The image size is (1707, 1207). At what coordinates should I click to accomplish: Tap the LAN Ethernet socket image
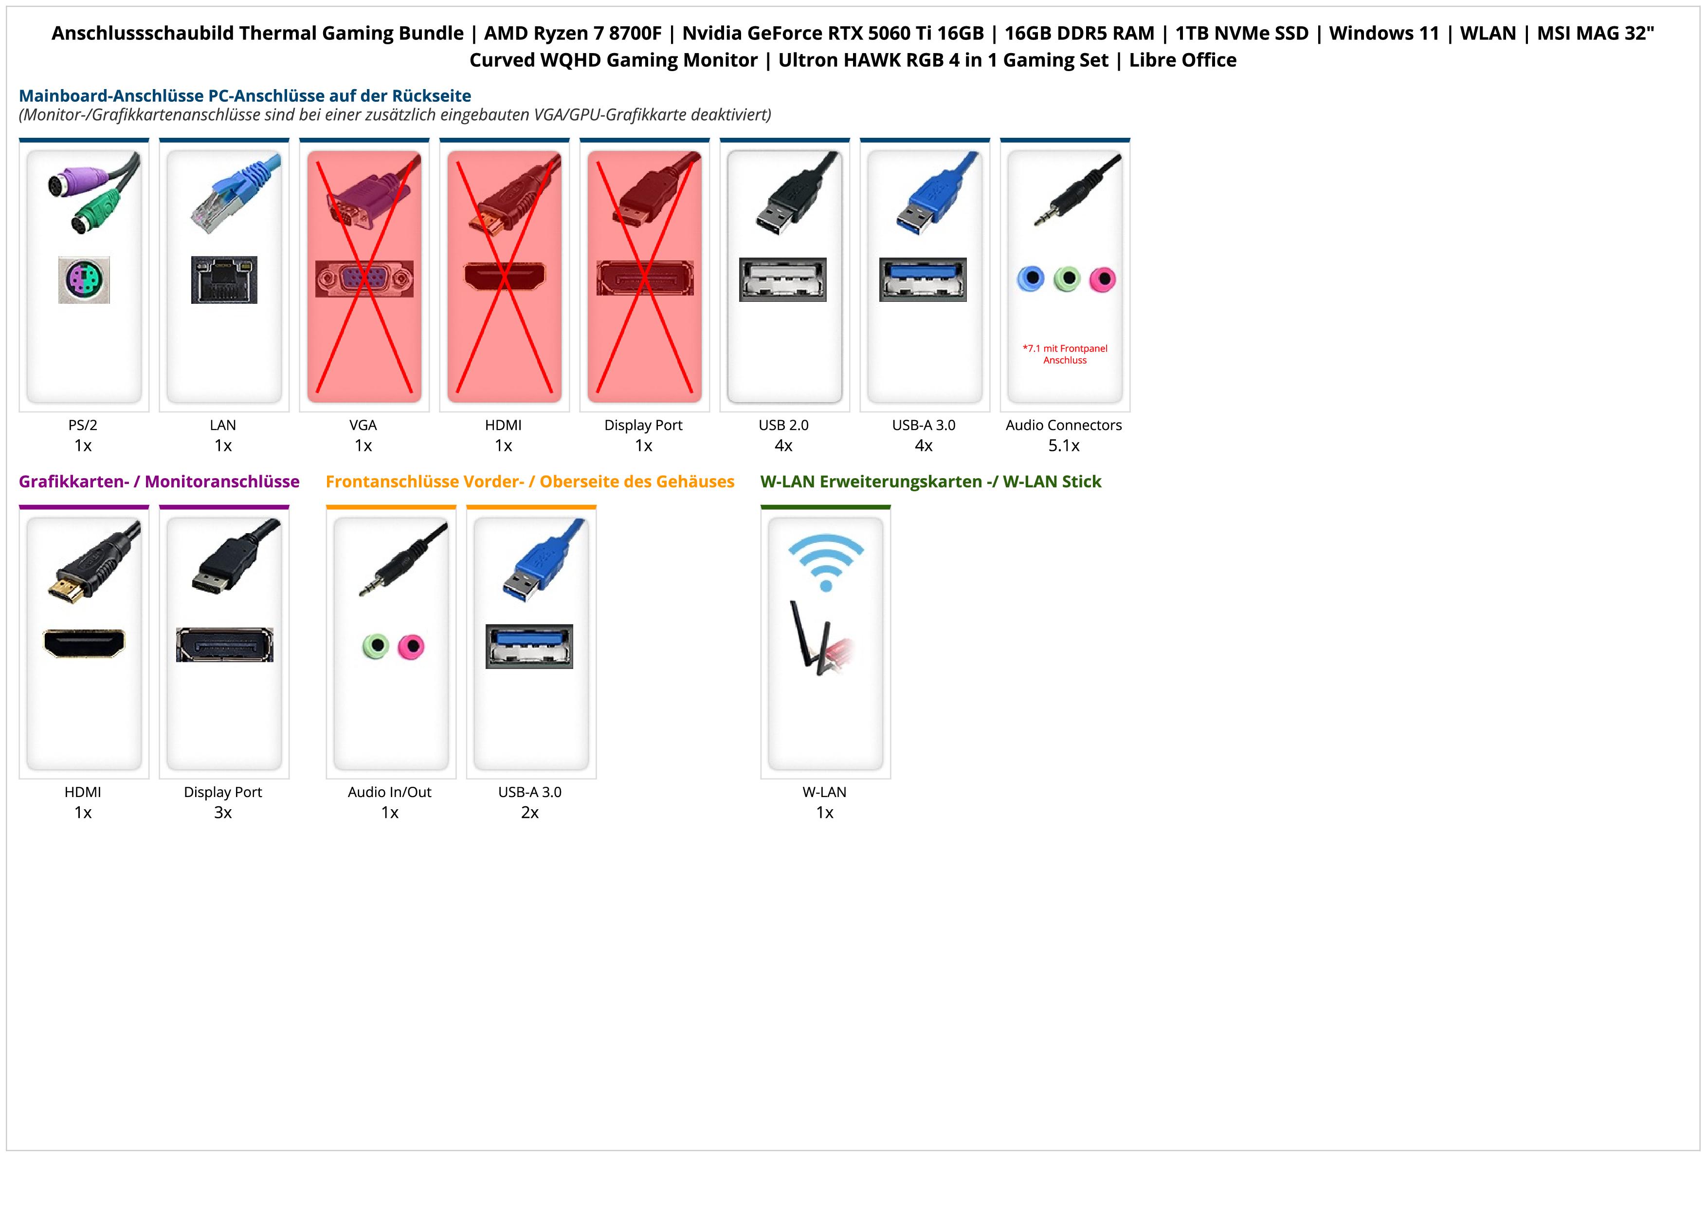point(224,279)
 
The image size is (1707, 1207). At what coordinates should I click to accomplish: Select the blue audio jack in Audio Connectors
point(1031,279)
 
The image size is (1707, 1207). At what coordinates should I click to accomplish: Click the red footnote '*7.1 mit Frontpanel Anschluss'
point(1065,354)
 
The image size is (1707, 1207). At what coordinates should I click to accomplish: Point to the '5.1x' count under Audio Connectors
point(1064,446)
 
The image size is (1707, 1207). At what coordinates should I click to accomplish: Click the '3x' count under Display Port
point(223,812)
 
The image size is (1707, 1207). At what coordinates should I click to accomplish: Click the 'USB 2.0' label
point(783,426)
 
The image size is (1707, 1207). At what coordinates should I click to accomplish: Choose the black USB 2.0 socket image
point(783,279)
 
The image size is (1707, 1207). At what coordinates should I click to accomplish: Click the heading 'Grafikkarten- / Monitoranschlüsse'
point(159,482)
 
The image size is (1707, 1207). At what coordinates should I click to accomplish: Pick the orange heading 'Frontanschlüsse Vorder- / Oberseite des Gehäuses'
point(529,482)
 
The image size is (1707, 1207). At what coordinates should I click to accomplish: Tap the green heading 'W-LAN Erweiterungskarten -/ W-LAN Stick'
point(930,482)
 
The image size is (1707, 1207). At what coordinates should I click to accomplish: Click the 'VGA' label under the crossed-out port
point(363,426)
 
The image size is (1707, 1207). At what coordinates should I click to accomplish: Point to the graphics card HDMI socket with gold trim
point(84,643)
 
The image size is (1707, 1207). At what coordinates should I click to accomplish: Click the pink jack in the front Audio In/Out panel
point(410,646)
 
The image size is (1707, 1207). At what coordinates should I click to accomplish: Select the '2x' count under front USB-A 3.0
point(530,812)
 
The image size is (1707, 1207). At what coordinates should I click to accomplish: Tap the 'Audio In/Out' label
point(390,792)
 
